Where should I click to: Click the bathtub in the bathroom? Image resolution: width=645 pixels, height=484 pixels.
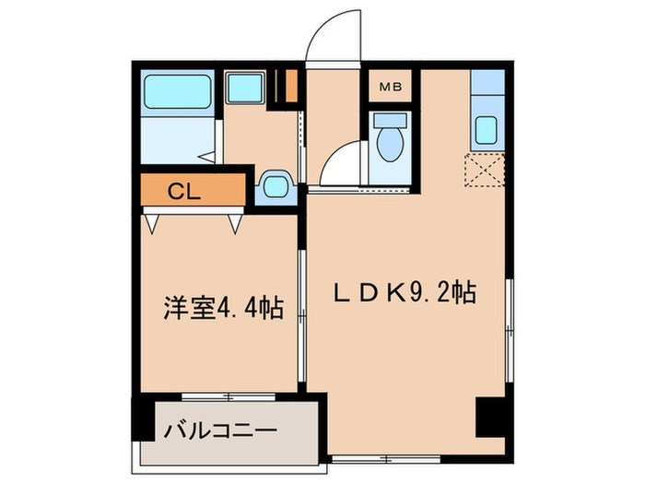(x=178, y=89)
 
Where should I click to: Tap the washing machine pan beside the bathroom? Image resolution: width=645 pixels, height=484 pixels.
(x=246, y=88)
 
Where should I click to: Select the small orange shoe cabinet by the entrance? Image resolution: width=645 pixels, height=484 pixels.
(x=291, y=85)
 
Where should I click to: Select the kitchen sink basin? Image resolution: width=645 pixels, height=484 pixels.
(x=487, y=131)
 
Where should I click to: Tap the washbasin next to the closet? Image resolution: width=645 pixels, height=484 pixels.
(x=275, y=186)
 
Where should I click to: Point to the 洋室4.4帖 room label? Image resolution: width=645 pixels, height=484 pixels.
(x=209, y=306)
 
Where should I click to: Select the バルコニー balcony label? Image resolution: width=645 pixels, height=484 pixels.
(x=220, y=431)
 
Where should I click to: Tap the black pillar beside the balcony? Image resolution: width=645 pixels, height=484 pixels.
(x=142, y=419)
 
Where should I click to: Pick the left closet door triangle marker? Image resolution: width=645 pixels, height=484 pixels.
(x=151, y=222)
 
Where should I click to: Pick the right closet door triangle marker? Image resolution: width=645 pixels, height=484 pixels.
(x=236, y=222)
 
